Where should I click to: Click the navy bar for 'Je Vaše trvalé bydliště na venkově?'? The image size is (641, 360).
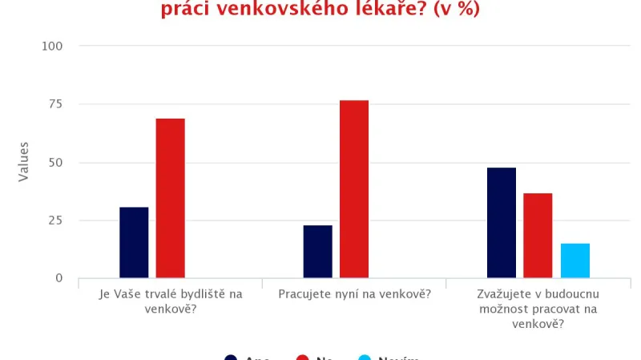[134, 242]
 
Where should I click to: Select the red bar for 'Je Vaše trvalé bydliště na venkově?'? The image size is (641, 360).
[170, 198]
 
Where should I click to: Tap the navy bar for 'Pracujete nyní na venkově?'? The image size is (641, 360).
[317, 251]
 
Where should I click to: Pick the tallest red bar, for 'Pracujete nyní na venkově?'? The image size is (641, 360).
[354, 189]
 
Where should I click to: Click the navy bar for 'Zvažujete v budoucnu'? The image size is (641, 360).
[502, 222]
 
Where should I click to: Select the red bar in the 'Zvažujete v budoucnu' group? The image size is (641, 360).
[538, 235]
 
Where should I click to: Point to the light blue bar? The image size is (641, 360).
[574, 261]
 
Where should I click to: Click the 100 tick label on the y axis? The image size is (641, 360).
[52, 47]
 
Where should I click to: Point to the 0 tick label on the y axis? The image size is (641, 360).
[58, 278]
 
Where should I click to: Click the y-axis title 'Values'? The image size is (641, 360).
[24, 162]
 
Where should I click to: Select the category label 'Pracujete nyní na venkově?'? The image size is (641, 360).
[354, 293]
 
